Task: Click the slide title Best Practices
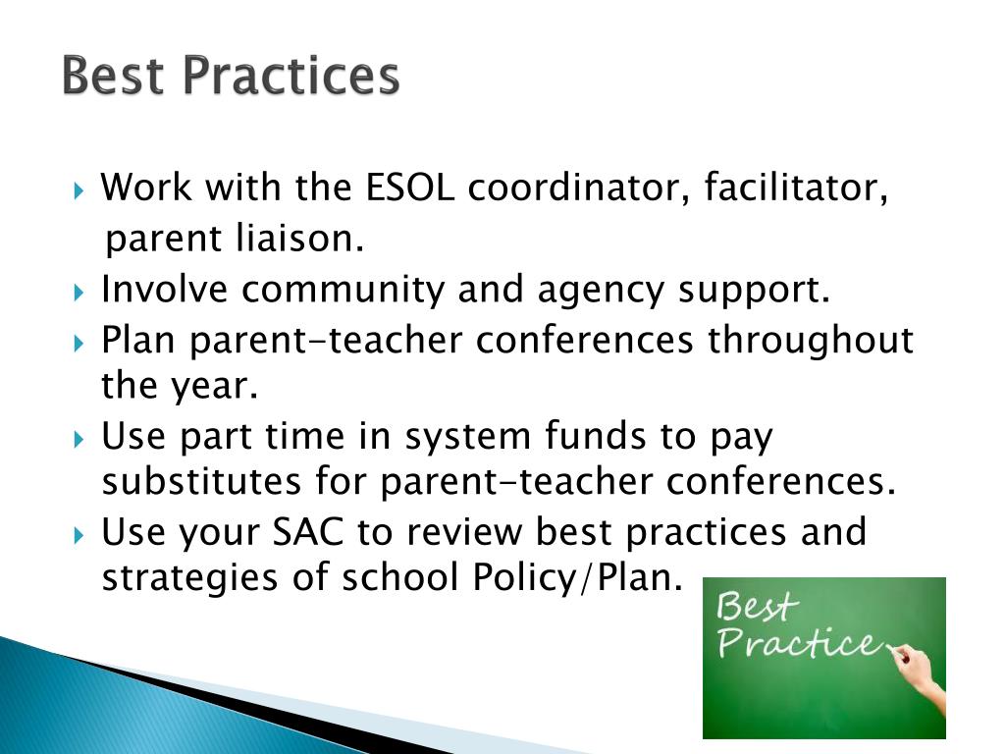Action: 231,77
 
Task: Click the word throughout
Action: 811,341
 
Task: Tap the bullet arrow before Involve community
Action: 80,291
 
